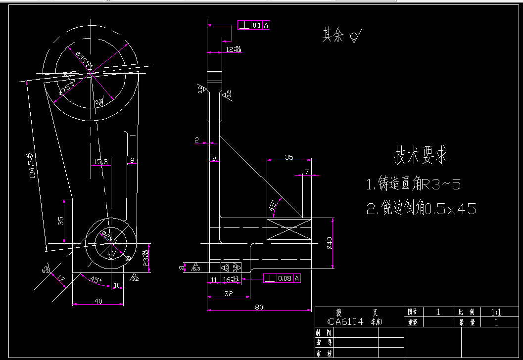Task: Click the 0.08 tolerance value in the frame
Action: [285, 278]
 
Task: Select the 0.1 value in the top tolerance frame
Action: [256, 25]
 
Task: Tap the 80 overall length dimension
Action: [259, 307]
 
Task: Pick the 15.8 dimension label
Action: [100, 162]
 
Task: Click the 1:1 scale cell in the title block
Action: [496, 313]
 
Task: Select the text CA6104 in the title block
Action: [345, 322]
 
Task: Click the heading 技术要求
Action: [421, 156]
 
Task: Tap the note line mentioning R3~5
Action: [414, 185]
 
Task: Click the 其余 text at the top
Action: [333, 35]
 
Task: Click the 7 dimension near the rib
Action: [307, 172]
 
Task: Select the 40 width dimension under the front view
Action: [97, 301]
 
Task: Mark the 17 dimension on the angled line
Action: [60, 279]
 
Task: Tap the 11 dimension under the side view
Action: [214, 280]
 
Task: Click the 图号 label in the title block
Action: [413, 312]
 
